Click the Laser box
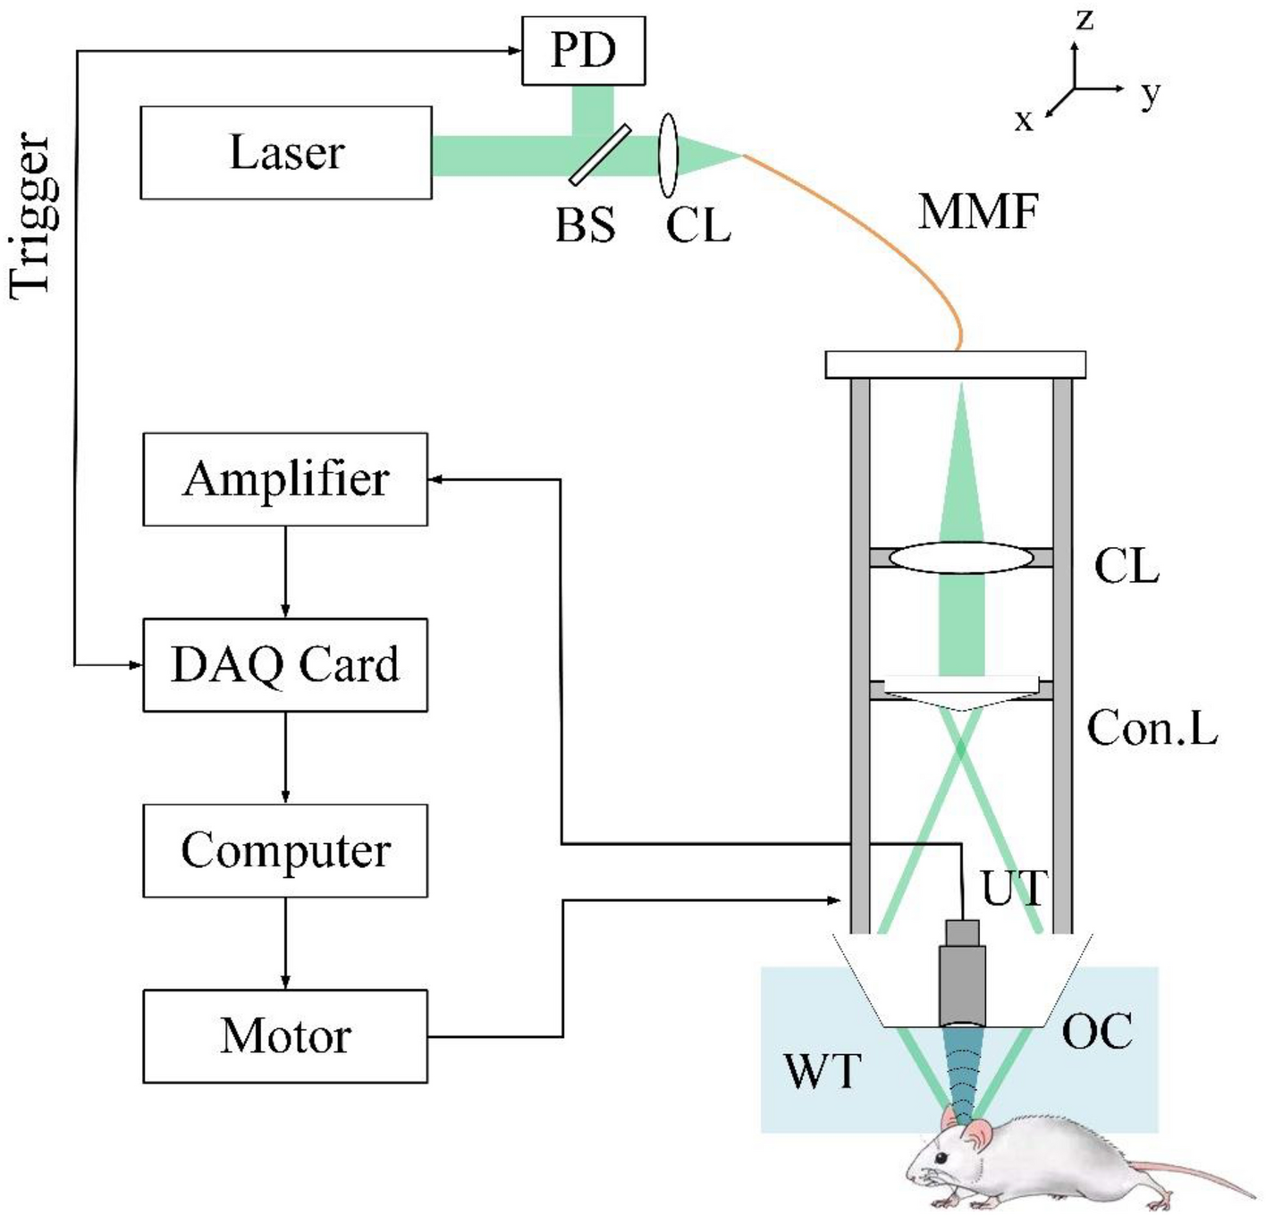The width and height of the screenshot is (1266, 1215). (x=286, y=153)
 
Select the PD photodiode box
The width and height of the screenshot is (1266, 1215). (x=583, y=51)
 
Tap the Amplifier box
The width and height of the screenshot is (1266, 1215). (x=285, y=479)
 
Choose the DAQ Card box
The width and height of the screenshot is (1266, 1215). (x=285, y=664)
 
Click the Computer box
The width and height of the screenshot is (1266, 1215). (x=285, y=850)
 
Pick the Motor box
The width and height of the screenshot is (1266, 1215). (x=285, y=1036)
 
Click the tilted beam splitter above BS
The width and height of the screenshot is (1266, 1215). (x=599, y=156)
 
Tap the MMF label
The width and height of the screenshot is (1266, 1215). (x=978, y=213)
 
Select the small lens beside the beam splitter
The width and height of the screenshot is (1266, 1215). (x=668, y=155)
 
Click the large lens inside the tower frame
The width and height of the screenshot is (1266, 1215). (x=961, y=558)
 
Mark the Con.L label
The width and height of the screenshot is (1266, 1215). (x=1152, y=728)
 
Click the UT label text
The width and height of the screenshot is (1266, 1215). (x=1013, y=888)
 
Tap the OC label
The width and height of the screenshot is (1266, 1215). (x=1097, y=1032)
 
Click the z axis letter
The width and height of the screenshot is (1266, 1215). (x=1085, y=18)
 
